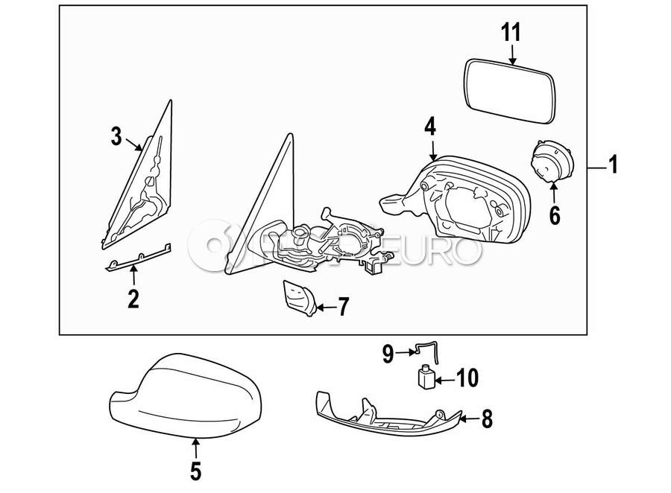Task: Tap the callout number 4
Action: click(x=430, y=127)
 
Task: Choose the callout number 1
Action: click(x=613, y=165)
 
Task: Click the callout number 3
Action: click(x=116, y=136)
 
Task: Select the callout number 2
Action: click(x=133, y=299)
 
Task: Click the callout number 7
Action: click(x=343, y=306)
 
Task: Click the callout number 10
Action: click(x=465, y=380)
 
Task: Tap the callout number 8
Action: click(x=486, y=419)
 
